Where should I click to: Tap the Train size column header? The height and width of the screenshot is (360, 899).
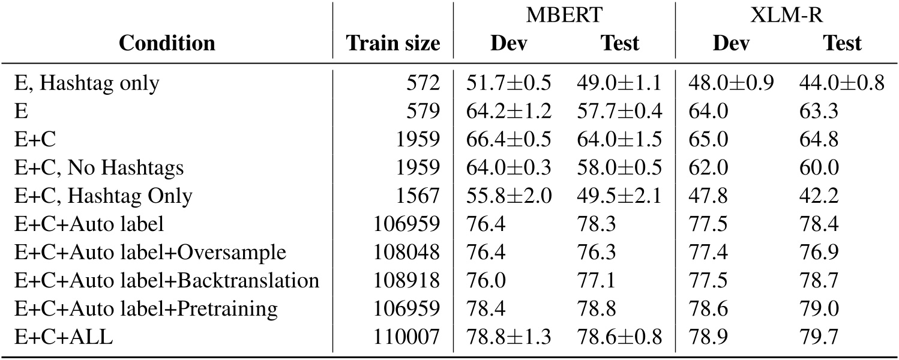[393, 43]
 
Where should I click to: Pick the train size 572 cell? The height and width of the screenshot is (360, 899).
[427, 83]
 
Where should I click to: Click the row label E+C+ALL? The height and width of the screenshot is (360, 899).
[64, 338]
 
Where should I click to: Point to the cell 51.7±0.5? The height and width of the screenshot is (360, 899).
[508, 83]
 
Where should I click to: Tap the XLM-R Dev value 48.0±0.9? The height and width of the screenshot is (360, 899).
[730, 83]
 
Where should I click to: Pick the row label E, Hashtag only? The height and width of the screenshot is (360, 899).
[87, 83]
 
